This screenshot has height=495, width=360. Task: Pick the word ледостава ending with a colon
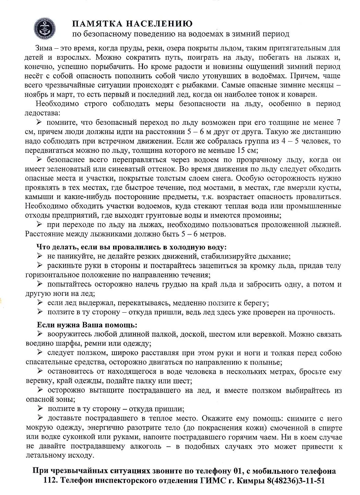(x=42, y=113)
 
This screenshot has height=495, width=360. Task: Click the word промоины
(x=263, y=216)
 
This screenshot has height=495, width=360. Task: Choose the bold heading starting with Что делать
(x=132, y=247)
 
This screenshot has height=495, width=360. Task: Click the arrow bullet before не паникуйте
(x=39, y=256)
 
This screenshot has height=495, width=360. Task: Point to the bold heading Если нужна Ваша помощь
(x=87, y=325)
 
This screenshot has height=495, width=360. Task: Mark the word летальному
(x=45, y=456)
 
